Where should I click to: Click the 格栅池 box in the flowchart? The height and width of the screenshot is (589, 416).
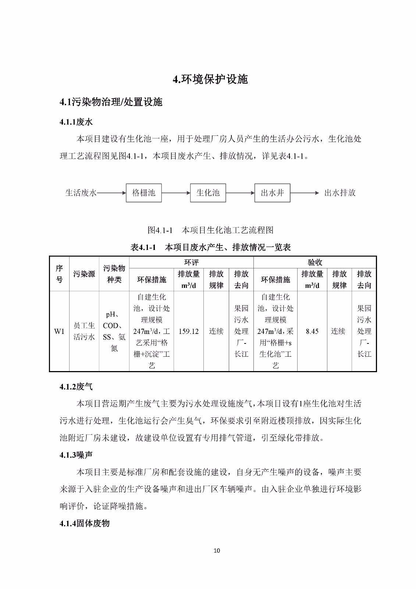(x=143, y=193)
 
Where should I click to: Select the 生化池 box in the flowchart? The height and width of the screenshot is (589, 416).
(x=208, y=193)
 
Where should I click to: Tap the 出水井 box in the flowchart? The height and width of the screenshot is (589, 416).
(x=272, y=193)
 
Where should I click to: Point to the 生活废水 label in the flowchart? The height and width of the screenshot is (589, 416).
(x=81, y=193)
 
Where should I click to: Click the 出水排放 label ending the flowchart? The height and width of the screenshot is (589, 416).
(x=340, y=193)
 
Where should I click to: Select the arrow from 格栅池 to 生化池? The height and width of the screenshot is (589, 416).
(x=176, y=193)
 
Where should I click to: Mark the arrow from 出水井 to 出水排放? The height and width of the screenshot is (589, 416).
(x=305, y=193)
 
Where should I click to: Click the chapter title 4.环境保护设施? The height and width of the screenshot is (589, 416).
(x=210, y=79)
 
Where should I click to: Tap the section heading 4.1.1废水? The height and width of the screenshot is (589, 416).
(x=76, y=122)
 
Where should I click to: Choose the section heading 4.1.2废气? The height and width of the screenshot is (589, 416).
(x=76, y=387)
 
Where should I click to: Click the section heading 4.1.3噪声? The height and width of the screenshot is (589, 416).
(x=76, y=455)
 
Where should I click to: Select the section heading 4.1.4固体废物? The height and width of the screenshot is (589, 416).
(x=85, y=523)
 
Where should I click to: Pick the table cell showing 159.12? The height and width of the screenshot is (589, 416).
(x=188, y=331)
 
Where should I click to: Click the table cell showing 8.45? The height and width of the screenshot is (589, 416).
(x=312, y=331)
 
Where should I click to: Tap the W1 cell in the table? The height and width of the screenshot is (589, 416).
(x=59, y=331)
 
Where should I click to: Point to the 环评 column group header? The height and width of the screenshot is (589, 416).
(x=191, y=262)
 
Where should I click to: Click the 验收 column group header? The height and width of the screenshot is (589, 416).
(x=315, y=262)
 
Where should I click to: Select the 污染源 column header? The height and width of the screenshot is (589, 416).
(x=84, y=274)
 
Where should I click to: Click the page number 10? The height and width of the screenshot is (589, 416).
(x=217, y=550)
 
